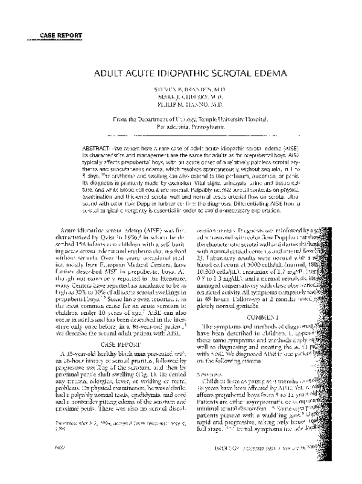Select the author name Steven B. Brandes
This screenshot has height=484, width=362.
(181, 96)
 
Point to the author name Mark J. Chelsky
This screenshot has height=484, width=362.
(181, 104)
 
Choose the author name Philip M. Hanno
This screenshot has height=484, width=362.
(181, 111)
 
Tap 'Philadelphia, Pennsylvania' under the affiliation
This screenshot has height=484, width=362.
(181, 135)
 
